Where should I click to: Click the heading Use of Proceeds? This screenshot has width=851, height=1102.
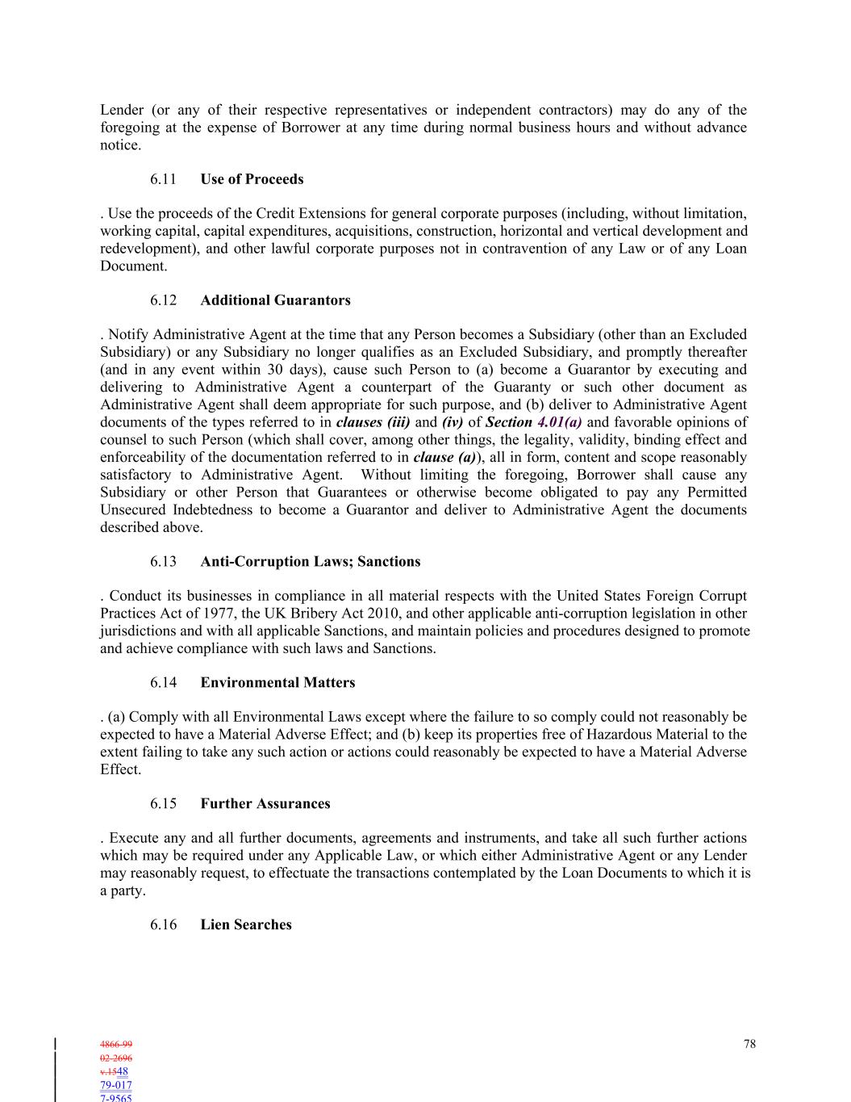pyautogui.click(x=252, y=179)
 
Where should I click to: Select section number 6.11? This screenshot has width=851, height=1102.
pyautogui.click(x=163, y=179)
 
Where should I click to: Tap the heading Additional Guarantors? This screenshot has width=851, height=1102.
pyautogui.click(x=275, y=300)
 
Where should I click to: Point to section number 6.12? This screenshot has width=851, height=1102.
pyautogui.click(x=163, y=300)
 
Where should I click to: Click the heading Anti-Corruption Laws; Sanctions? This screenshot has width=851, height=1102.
pyautogui.click(x=310, y=562)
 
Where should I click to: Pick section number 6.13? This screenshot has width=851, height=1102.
pyautogui.click(x=163, y=562)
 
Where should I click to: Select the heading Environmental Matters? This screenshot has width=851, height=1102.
pyautogui.click(x=277, y=683)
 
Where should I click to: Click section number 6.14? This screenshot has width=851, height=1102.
pyautogui.click(x=163, y=683)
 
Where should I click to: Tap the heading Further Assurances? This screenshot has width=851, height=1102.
pyautogui.click(x=265, y=804)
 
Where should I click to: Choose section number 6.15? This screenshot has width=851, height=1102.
pyautogui.click(x=163, y=804)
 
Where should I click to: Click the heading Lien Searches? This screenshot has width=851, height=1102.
pyautogui.click(x=246, y=925)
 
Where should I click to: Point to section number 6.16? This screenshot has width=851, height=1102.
pyautogui.click(x=163, y=925)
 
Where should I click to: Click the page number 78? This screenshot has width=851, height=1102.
pyautogui.click(x=749, y=1044)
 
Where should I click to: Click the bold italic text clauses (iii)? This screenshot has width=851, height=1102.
pyautogui.click(x=373, y=422)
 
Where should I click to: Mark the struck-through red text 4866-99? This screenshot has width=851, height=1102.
pyautogui.click(x=116, y=1045)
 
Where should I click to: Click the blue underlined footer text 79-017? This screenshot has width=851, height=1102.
pyautogui.click(x=116, y=1085)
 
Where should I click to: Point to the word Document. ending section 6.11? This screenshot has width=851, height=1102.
pyautogui.click(x=134, y=266)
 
